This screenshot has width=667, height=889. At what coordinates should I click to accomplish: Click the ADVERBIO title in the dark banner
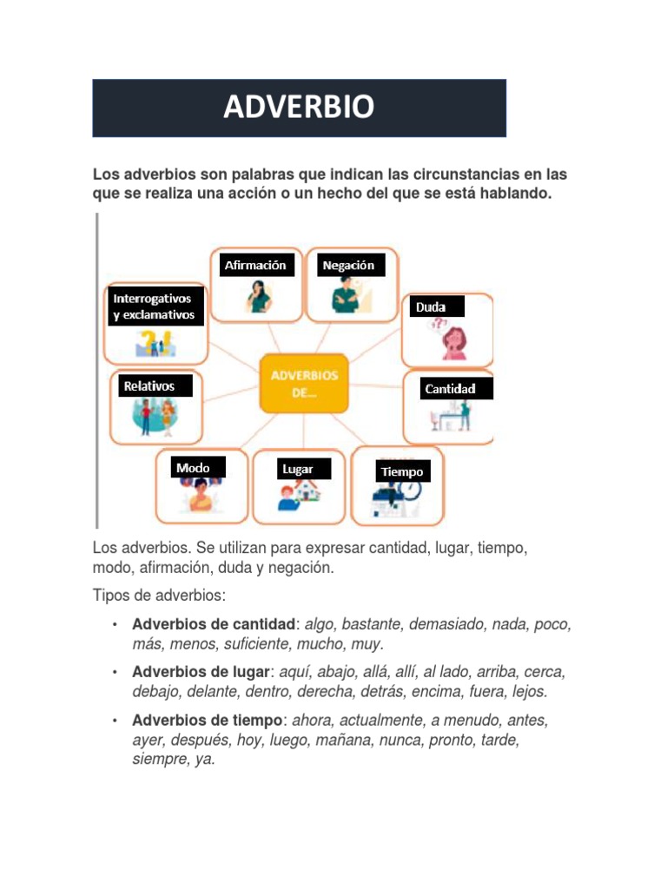(299, 108)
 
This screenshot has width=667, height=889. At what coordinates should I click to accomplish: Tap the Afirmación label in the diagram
(254, 265)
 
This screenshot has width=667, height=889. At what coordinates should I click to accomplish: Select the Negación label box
(348, 265)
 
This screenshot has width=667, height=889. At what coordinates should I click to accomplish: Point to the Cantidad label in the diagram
(450, 389)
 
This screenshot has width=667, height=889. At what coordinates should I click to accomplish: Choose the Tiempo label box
(402, 471)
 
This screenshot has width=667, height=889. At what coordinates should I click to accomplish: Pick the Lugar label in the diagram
(297, 469)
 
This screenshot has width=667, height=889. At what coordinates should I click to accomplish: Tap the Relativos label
(149, 385)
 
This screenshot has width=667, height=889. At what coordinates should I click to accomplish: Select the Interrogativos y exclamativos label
(155, 306)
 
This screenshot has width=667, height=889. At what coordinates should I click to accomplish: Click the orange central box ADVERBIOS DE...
(304, 383)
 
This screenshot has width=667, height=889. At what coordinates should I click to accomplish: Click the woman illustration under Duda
(453, 341)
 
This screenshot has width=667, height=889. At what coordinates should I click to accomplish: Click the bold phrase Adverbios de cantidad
(214, 625)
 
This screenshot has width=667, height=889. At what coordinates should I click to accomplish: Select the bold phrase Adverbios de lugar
(201, 673)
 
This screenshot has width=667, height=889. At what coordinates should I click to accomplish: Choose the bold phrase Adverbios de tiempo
(208, 721)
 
